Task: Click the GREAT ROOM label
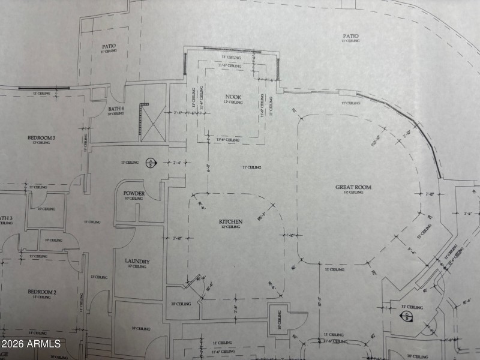[x=353, y=187]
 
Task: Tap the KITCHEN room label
[x=230, y=222]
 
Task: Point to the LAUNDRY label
[x=137, y=262]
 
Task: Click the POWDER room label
[x=134, y=193]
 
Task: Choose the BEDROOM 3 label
[x=41, y=138]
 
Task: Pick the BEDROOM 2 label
[x=42, y=292]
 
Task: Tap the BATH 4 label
[x=115, y=109]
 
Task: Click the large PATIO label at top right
[x=351, y=37]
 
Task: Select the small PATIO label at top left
[x=109, y=46]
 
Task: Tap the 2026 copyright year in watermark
[x=14, y=344]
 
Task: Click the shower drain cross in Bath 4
[x=153, y=124]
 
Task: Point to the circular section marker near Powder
[x=150, y=163]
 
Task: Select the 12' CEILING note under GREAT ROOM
[x=353, y=193]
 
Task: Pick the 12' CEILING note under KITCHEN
[x=230, y=228]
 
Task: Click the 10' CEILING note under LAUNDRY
[x=137, y=268]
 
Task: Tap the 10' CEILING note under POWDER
[x=134, y=199]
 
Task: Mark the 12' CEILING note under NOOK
[x=233, y=103]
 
